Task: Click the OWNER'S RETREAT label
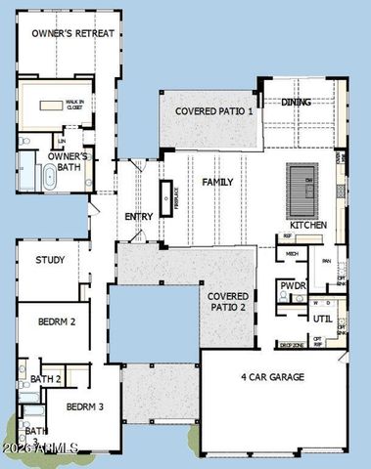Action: click(73, 34)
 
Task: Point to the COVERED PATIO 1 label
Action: click(213, 112)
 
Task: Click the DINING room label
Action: click(296, 103)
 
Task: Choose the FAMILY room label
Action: click(218, 183)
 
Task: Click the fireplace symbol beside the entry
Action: click(165, 197)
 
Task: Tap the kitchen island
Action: click(303, 182)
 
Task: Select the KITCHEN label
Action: click(307, 225)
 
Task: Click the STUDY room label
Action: click(50, 260)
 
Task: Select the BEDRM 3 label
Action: click(85, 406)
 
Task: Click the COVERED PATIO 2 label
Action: click(227, 302)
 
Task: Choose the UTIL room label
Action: click(322, 320)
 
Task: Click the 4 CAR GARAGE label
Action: click(272, 377)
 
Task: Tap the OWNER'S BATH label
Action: click(69, 161)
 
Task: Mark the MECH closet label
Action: click(292, 253)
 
